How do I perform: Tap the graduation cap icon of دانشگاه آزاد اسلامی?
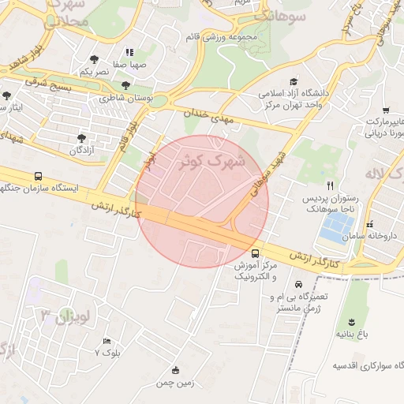click(294, 81)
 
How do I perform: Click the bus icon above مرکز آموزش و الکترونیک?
click(254, 253)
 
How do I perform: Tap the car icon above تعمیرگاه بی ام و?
click(297, 284)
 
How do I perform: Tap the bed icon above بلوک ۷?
click(107, 341)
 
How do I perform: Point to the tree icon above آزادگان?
click(81, 138)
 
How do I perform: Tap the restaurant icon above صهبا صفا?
click(129, 52)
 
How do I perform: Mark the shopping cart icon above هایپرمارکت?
click(385, 110)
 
